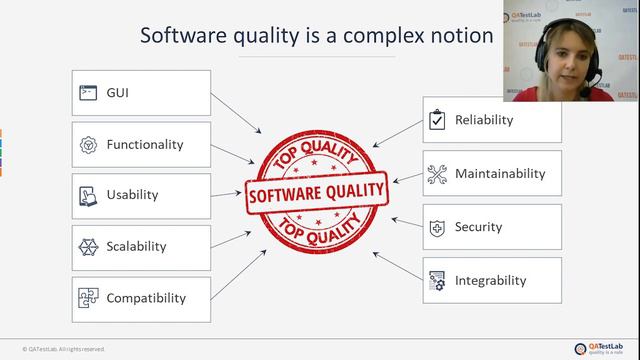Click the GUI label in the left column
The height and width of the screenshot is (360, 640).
click(118, 93)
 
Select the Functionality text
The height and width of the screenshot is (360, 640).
click(145, 144)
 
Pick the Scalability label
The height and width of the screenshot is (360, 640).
click(137, 246)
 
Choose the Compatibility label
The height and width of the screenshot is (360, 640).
click(146, 298)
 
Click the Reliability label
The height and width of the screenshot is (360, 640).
click(484, 120)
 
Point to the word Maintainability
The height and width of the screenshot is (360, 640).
click(500, 173)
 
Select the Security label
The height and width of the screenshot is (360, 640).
click(478, 227)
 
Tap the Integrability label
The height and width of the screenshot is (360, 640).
click(490, 280)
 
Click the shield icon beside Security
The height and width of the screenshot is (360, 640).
click(436, 228)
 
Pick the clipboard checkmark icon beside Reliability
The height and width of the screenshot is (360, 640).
click(436, 120)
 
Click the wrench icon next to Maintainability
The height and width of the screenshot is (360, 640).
click(436, 174)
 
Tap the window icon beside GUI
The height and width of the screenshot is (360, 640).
click(87, 93)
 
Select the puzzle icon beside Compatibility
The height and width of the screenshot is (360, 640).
click(87, 298)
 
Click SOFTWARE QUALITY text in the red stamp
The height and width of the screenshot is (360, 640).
click(316, 189)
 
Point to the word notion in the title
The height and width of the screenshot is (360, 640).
click(456, 36)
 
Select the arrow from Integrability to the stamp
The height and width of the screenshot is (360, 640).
click(396, 264)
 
